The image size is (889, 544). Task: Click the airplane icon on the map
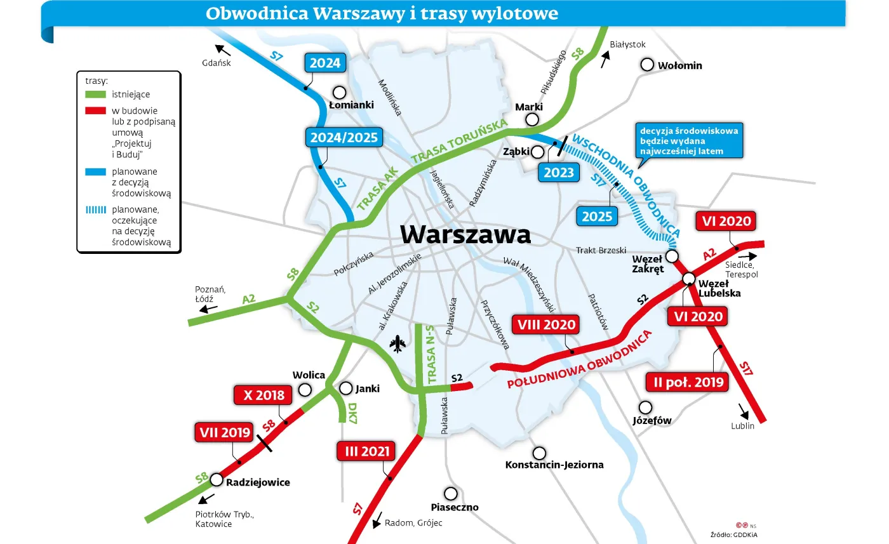click(x=399, y=344)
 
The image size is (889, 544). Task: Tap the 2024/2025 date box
click(x=344, y=137)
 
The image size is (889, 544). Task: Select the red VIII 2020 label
click(x=546, y=325)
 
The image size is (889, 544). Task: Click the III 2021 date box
click(x=366, y=452)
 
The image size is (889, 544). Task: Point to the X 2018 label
click(x=264, y=395)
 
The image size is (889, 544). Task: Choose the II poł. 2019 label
click(x=687, y=381)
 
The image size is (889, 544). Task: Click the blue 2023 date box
click(x=559, y=172)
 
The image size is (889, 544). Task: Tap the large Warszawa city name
click(x=465, y=234)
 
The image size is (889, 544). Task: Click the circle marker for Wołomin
click(x=647, y=65)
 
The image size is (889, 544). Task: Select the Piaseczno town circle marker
click(x=451, y=493)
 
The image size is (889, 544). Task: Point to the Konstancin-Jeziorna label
click(x=554, y=465)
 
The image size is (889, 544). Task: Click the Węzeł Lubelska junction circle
click(x=688, y=279)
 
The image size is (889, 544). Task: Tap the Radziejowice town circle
click(x=217, y=479)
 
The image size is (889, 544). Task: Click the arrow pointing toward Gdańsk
click(x=222, y=50)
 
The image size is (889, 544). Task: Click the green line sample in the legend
click(x=95, y=95)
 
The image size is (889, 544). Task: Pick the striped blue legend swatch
click(x=95, y=209)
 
